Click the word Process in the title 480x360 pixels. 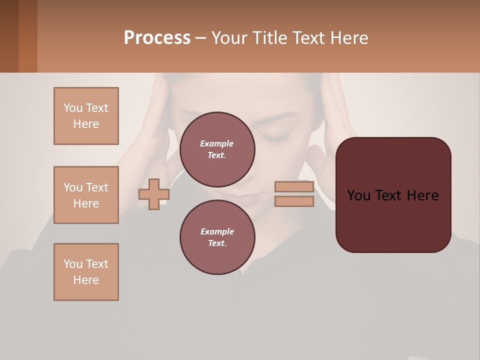[x=157, y=38]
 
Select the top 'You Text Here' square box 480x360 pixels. [x=86, y=116]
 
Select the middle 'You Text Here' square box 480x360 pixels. [x=86, y=195]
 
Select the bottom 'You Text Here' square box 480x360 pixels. [x=86, y=272]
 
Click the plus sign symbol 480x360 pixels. [x=153, y=194]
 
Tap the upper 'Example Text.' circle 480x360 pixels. [x=217, y=149]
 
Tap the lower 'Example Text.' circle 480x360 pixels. [x=217, y=237]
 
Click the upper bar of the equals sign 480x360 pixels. [x=294, y=187]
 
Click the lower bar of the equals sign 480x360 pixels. [x=294, y=201]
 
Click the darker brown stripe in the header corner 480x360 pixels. [x=28, y=36]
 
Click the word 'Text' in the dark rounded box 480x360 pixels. [x=392, y=195]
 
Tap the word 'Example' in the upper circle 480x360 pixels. [x=216, y=143]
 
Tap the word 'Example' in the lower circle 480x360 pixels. [x=217, y=231]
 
